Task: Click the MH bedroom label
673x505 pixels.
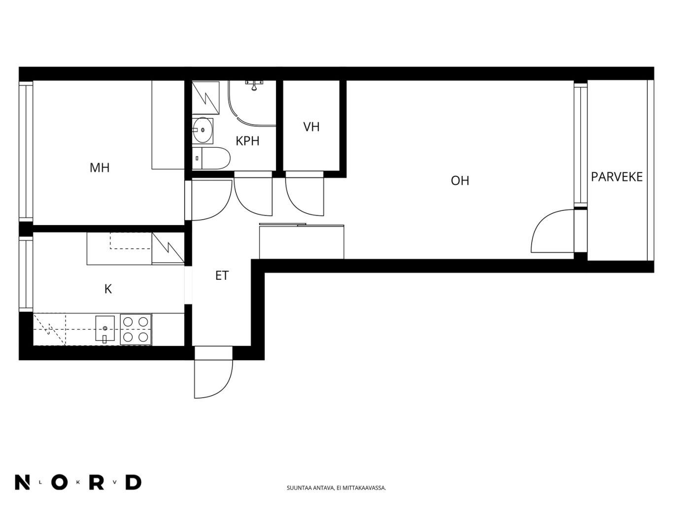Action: click(100, 168)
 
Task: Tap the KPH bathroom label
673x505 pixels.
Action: click(247, 141)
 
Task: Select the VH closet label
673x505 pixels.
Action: click(311, 127)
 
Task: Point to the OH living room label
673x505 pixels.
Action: click(460, 181)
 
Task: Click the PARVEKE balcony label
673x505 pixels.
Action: click(616, 177)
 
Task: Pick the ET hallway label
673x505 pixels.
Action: click(222, 275)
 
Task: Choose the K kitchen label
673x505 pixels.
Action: click(108, 289)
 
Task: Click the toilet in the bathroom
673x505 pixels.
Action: click(211, 158)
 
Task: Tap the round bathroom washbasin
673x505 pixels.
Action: click(202, 130)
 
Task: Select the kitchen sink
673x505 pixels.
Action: click(105, 329)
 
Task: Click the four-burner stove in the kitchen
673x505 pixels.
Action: click(135, 329)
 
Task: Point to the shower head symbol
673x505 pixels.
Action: click(254, 85)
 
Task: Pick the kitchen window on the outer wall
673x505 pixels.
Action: click(26, 274)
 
